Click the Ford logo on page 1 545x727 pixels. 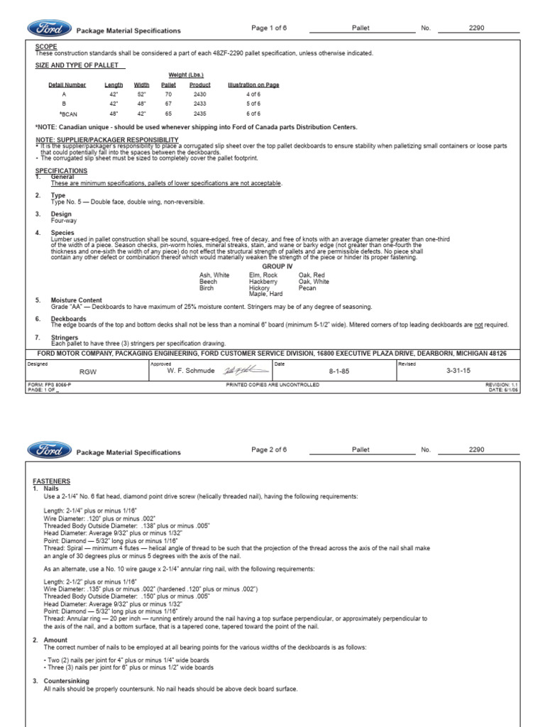pos(49,29)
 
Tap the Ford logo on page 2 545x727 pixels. pos(49,450)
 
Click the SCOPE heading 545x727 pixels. pos(45,47)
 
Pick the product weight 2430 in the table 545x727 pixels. pos(200,94)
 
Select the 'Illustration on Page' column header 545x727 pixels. pos(253,84)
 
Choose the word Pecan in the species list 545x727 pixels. pos(307,288)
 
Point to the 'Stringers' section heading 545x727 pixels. pos(64,338)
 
